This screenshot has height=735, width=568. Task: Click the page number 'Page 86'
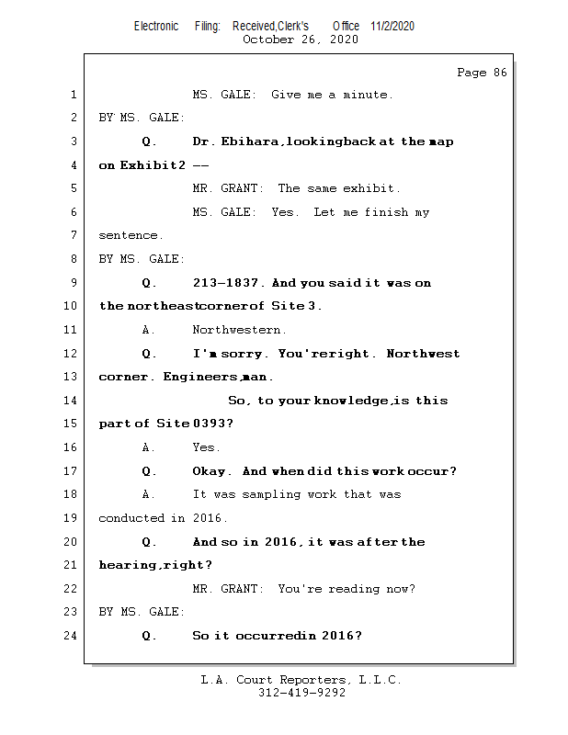click(482, 73)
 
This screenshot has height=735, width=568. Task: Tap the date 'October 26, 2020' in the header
click(300, 40)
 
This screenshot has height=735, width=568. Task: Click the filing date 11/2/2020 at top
click(392, 26)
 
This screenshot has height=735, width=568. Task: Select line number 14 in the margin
click(73, 401)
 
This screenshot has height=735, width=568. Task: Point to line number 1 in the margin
click(73, 95)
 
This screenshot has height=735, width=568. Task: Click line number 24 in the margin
click(73, 636)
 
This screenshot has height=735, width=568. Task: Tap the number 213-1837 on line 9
click(229, 283)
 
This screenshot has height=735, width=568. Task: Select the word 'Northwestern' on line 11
click(239, 330)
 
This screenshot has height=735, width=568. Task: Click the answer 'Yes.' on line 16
click(206, 447)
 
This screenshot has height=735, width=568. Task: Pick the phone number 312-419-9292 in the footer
click(301, 694)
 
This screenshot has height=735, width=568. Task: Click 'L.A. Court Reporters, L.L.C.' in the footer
click(301, 680)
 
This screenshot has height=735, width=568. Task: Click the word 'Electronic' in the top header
click(156, 26)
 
